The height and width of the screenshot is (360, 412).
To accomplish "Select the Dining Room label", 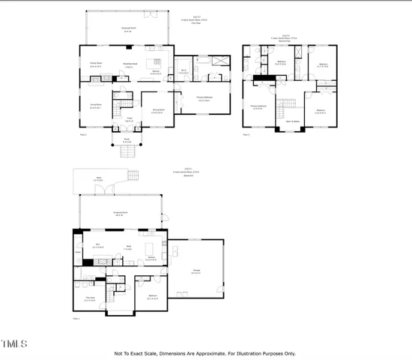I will [157, 112].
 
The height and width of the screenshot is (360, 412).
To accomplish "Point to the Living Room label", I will [95, 106].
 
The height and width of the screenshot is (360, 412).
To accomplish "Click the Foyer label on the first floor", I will [128, 118].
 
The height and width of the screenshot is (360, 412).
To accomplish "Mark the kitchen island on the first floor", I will [158, 62].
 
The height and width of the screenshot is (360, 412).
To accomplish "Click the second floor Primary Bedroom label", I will [259, 108].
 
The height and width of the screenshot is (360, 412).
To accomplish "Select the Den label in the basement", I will [97, 245].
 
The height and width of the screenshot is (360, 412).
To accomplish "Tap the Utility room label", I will [78, 252].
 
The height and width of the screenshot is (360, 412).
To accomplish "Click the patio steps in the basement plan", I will [133, 177].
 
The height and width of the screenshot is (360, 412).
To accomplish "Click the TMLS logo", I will [14, 344].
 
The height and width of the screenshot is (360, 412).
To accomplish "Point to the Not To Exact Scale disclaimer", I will [205, 353].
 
